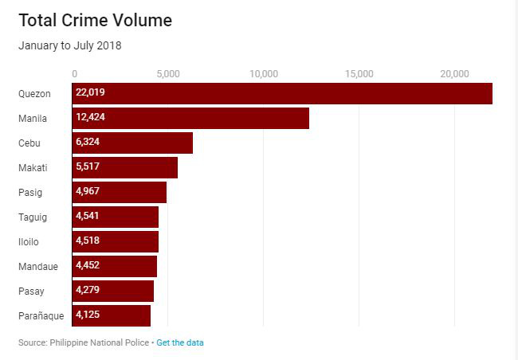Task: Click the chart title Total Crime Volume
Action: point(95,21)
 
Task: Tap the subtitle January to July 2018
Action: point(70,45)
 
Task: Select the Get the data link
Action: point(180,342)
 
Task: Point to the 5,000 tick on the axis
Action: point(168,74)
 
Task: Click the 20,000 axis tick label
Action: point(454,74)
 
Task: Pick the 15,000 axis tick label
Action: point(359,74)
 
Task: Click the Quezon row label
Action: point(34,94)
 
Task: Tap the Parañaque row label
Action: point(41,316)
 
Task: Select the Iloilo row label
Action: point(29,242)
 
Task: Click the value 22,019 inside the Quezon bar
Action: point(90,92)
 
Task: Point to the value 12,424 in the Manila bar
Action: point(90,117)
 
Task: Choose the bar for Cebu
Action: point(132,143)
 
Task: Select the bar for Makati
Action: point(125,168)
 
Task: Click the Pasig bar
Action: point(120,192)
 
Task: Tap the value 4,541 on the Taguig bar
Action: point(88,216)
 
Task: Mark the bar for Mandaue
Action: point(115,267)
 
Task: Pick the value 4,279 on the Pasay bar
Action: point(88,290)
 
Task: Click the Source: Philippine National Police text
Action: point(84,342)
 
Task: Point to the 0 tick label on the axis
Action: point(75,74)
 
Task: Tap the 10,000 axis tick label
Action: point(264,74)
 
